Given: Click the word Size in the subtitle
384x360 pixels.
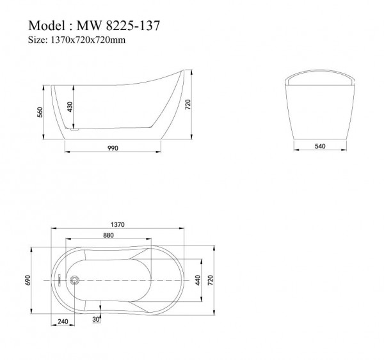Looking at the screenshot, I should (x=38, y=41).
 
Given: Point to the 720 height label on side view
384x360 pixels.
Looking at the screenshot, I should (x=188, y=104).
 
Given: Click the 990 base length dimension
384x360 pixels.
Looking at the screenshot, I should (x=113, y=148).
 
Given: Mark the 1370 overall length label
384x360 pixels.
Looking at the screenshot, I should (x=116, y=224).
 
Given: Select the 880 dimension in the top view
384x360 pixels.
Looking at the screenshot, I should (x=109, y=235).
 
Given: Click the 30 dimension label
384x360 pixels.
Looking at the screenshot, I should (x=96, y=318).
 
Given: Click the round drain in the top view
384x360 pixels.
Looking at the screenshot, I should (x=74, y=279).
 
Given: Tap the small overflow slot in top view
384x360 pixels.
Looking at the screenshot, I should (x=60, y=279).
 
